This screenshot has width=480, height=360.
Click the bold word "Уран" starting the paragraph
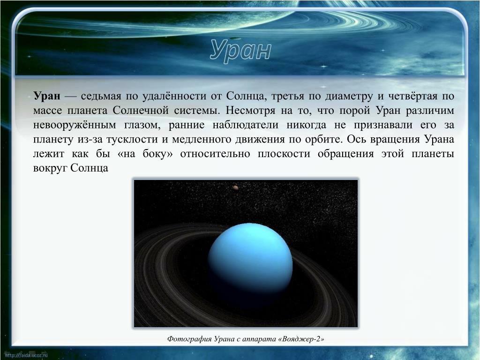(x=46, y=96)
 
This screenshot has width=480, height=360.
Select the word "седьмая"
(x=100, y=96)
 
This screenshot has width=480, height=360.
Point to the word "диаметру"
(x=347, y=96)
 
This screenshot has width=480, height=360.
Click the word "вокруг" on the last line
(x=50, y=168)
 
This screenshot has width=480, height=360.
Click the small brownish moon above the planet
(x=235, y=187)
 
